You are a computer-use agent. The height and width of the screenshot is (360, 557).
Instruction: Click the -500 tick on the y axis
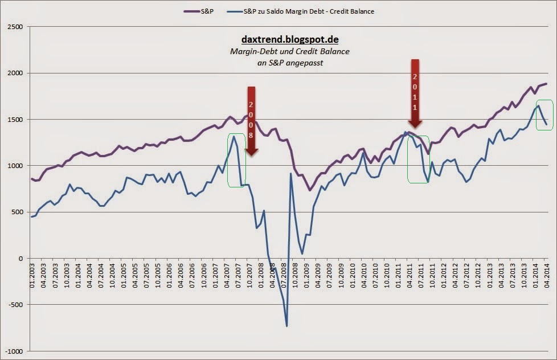pos(15,305)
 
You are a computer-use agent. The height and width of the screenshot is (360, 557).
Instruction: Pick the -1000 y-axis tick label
pos(14,351)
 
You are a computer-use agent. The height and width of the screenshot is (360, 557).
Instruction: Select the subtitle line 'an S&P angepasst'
pos(290,63)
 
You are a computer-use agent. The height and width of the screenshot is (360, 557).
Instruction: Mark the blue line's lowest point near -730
pos(286,326)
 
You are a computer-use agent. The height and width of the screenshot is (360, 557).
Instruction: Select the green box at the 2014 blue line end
pos(544,115)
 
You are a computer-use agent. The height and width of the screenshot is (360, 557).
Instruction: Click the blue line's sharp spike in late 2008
pos(290,174)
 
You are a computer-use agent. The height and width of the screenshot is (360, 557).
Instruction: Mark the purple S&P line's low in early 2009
pos(309,190)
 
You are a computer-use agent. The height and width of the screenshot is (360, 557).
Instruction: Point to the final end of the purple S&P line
pos(547,84)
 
